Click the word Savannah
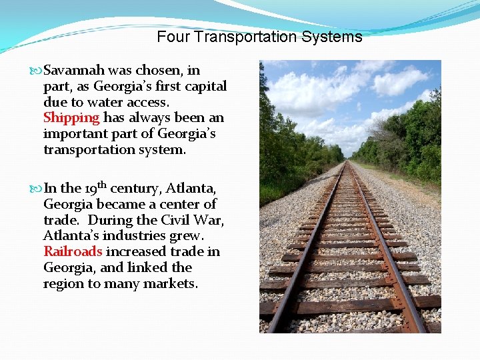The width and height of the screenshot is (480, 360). click(x=73, y=70)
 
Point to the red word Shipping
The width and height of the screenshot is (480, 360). click(x=71, y=118)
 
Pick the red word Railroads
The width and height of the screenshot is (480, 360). click(x=73, y=251)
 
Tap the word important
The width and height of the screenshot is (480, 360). click(x=72, y=134)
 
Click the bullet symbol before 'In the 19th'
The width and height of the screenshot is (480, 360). click(x=36, y=189)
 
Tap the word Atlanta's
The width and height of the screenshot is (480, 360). click(x=73, y=235)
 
